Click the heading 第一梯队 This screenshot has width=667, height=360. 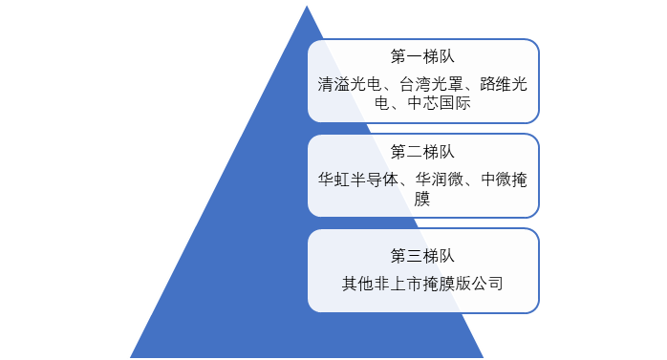(x=422, y=55)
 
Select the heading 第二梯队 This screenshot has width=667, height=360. (x=422, y=151)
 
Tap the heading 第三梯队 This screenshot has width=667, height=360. (x=422, y=256)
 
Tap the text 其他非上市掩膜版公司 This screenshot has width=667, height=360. (x=422, y=284)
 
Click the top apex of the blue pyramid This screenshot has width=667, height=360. (x=307, y=4)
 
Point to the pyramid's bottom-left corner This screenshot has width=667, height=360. (x=130, y=357)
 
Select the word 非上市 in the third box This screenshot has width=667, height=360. (x=398, y=284)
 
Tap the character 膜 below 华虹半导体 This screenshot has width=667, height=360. (x=422, y=199)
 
